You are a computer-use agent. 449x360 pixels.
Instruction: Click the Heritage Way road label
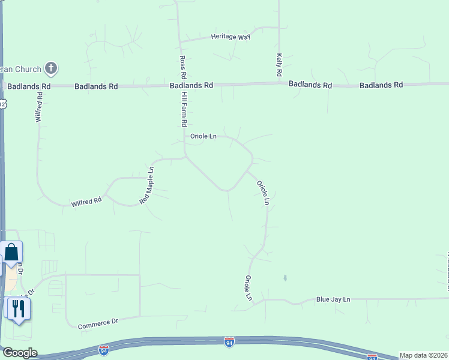(231, 37)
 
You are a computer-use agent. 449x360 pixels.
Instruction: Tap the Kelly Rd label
(279, 64)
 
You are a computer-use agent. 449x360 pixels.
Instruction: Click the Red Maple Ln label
(147, 185)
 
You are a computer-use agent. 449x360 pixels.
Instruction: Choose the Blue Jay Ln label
(333, 299)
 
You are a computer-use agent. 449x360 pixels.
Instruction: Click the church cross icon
(51, 68)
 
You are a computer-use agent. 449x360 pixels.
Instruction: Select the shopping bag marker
(12, 253)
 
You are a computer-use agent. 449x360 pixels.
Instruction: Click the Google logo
(19, 353)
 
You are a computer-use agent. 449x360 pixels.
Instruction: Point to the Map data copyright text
(424, 355)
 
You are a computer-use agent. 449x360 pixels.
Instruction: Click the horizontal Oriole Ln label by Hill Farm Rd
(203, 136)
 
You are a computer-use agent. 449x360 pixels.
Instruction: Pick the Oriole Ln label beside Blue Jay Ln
(248, 288)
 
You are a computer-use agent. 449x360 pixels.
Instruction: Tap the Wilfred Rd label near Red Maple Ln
(86, 202)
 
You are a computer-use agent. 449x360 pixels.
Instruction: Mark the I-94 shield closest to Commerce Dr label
(104, 349)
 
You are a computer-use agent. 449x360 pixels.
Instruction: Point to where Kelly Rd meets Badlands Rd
(279, 84)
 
